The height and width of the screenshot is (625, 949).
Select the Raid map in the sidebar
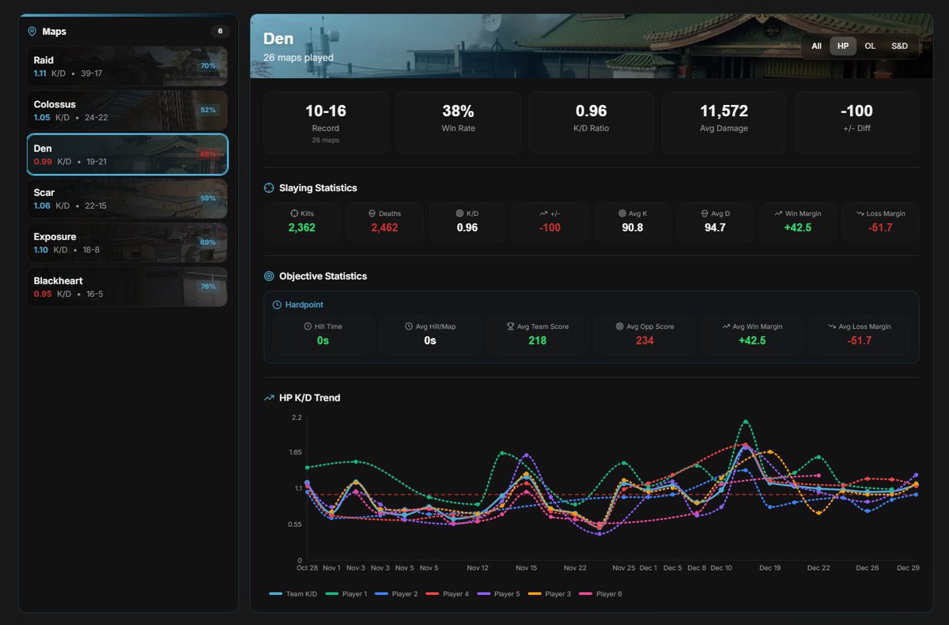(x=127, y=66)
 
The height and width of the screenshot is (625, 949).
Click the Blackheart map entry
(x=127, y=287)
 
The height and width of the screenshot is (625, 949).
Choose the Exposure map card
(x=127, y=243)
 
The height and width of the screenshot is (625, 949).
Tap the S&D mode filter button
(x=899, y=46)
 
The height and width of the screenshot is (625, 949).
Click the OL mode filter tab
(x=870, y=46)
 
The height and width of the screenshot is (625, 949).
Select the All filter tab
(x=816, y=46)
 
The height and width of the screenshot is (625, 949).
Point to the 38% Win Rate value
(x=458, y=111)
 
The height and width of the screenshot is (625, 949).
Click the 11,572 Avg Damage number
(x=724, y=111)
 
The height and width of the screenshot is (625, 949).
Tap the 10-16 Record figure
(x=325, y=111)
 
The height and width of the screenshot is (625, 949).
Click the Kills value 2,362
(x=303, y=228)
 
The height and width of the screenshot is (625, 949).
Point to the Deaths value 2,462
(x=384, y=228)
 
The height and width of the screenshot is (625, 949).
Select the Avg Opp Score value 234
(x=645, y=341)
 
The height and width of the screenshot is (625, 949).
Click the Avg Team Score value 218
(x=538, y=341)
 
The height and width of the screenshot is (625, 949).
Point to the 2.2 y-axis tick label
(x=297, y=416)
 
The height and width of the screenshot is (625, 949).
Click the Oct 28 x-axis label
(x=307, y=568)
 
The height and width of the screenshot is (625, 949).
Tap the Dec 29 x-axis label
(x=909, y=568)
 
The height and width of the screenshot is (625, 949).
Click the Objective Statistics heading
(x=323, y=277)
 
